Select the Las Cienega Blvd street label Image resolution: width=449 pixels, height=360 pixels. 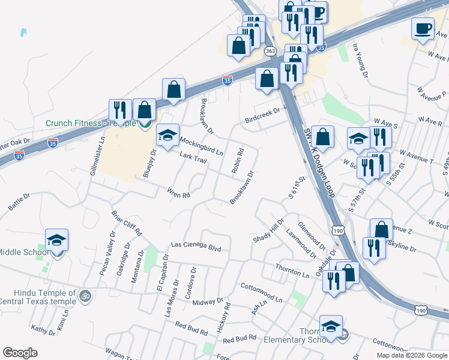click(196, 245)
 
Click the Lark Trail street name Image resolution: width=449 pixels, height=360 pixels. click(193, 158)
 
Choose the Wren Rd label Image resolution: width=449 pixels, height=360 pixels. click(178, 193)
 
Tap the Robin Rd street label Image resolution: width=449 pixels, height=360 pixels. click(237, 161)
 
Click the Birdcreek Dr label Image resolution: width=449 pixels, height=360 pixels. click(262, 120)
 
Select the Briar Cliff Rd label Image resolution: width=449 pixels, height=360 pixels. click(127, 223)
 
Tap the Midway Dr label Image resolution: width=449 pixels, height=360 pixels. click(208, 301)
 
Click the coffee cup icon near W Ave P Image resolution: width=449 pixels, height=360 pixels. click(423, 29)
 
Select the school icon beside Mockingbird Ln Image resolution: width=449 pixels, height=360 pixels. click(168, 136)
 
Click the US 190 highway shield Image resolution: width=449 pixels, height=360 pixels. click(338, 230)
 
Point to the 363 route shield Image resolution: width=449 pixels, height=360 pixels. click(270, 52)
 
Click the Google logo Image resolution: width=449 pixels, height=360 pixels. click(20, 352)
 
